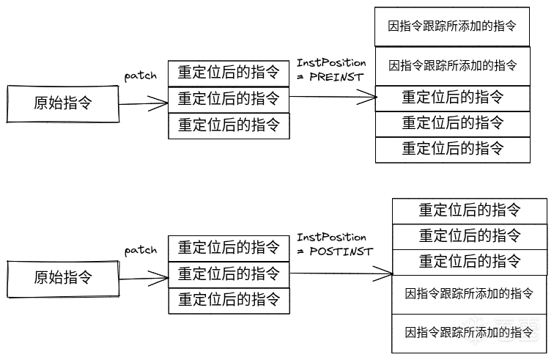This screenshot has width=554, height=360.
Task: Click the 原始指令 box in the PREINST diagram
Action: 62,103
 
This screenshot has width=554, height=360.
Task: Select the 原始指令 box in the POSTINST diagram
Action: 62,277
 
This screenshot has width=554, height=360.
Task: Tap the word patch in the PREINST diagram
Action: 141,76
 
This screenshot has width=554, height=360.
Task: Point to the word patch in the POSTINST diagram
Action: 141,250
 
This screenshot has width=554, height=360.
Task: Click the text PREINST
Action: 337,76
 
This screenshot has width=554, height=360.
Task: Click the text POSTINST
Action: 340,251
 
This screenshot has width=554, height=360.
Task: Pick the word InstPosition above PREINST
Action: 331,63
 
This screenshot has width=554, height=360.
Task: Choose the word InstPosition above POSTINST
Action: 331,238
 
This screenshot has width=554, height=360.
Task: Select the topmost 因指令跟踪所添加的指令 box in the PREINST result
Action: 452,26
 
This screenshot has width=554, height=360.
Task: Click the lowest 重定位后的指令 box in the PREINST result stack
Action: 452,149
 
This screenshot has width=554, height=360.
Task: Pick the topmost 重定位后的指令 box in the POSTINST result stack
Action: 470,210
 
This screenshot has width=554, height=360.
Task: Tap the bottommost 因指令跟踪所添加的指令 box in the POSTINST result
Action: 470,333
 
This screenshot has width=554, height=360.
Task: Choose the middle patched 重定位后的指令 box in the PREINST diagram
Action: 229,98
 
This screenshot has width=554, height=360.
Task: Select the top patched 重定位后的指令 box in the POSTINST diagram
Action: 229,247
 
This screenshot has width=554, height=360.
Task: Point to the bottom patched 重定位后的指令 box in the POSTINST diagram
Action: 229,300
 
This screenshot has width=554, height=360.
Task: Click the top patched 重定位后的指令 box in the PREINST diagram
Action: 229,73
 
